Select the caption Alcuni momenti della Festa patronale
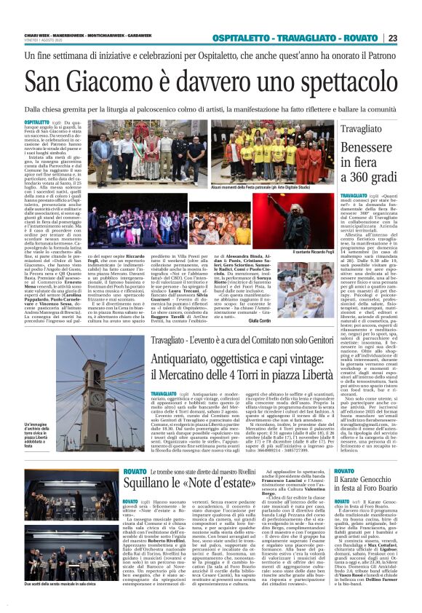tap(240, 186)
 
